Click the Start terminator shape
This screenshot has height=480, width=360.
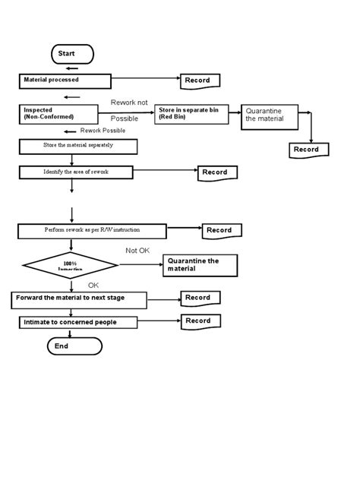72,54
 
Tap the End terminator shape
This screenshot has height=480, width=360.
74,346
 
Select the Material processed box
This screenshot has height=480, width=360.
65,81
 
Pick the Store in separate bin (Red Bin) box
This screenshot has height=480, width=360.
191,115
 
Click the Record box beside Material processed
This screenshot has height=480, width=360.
200,81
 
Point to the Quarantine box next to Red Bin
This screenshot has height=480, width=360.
269,115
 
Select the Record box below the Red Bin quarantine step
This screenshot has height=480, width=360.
309,150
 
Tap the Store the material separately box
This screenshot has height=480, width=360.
71,145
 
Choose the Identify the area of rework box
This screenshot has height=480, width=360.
76,172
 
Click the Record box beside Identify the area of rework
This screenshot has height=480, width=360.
217,173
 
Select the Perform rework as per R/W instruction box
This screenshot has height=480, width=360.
92,229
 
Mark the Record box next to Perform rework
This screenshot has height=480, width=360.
221,230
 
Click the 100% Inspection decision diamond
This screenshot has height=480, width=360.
71,266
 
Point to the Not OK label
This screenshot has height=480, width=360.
137,250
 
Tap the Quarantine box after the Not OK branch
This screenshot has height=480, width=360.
200,265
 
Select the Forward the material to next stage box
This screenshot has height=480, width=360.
79,299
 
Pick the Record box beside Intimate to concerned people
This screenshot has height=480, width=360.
200,321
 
